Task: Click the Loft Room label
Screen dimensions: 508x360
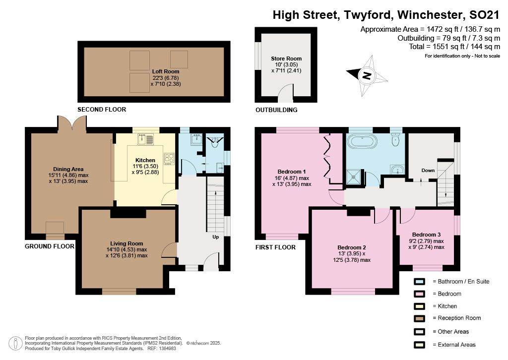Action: tap(166, 71)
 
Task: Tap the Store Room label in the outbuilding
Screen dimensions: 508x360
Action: tap(286, 59)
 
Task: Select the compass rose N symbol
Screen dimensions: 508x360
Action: tap(367, 75)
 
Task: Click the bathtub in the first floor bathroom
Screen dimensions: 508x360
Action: tap(362, 142)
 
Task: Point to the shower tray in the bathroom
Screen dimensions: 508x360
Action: tap(354, 177)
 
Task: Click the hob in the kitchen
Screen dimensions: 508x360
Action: tap(169, 158)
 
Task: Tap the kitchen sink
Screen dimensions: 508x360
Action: tap(146, 139)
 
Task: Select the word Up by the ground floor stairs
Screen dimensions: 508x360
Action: tap(215, 237)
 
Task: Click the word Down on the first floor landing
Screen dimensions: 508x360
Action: tap(428, 170)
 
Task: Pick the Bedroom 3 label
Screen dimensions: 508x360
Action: tap(426, 235)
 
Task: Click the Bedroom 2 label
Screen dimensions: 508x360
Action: tap(352, 247)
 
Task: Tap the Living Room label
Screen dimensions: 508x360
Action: tap(127, 244)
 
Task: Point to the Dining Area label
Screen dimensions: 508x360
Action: tap(68, 169)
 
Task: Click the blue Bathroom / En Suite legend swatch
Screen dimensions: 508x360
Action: tap(419, 282)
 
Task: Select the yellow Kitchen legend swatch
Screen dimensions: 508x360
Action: tap(419, 306)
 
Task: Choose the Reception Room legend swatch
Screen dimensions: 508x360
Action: tap(419, 318)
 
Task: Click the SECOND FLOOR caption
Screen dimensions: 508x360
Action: tap(102, 110)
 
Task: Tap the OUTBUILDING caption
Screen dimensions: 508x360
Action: tap(276, 110)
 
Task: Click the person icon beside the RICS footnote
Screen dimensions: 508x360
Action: tap(15, 344)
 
